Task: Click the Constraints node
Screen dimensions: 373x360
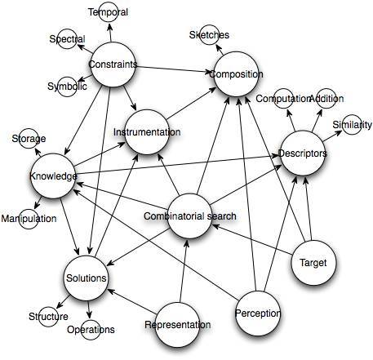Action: pos(113,64)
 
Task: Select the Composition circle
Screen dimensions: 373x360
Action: pos(237,74)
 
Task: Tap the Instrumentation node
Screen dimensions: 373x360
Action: pos(147,132)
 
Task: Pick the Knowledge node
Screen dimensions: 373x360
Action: pos(53,176)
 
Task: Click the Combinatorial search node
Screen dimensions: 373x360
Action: pos(189,216)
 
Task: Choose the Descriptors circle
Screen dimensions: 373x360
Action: pos(303,153)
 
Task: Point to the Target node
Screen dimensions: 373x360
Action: pos(313,263)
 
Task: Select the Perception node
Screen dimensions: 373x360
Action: pos(258,313)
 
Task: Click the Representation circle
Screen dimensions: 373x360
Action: pos(178,325)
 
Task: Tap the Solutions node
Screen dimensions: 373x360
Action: pos(87,278)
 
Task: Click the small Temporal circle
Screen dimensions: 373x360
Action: pos(109,12)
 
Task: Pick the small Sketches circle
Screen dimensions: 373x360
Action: pos(209,35)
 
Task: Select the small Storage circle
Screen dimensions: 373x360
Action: pos(29,139)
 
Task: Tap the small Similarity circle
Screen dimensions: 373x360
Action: pos(352,125)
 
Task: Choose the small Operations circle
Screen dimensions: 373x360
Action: pos(91,330)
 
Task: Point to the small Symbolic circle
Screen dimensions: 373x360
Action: pos(67,87)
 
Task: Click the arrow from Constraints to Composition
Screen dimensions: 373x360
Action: pos(175,69)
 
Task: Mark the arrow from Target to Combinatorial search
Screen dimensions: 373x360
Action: pos(252,240)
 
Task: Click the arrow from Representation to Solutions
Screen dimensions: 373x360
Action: pos(131,301)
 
